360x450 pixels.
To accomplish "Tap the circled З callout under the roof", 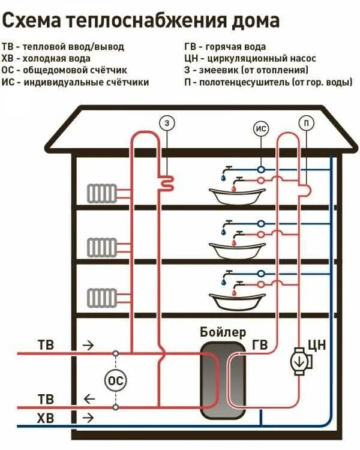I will click(x=167, y=123).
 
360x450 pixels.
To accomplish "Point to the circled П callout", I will click(x=306, y=123).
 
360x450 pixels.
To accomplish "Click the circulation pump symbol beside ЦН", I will click(x=298, y=361).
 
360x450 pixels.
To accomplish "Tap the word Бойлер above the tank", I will click(x=223, y=332).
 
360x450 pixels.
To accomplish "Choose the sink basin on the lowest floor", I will click(x=237, y=299).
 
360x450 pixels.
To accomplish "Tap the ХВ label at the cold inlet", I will click(x=46, y=418).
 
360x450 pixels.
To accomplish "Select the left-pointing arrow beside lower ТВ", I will click(x=88, y=398).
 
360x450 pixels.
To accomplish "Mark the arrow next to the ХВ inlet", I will click(x=88, y=418).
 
